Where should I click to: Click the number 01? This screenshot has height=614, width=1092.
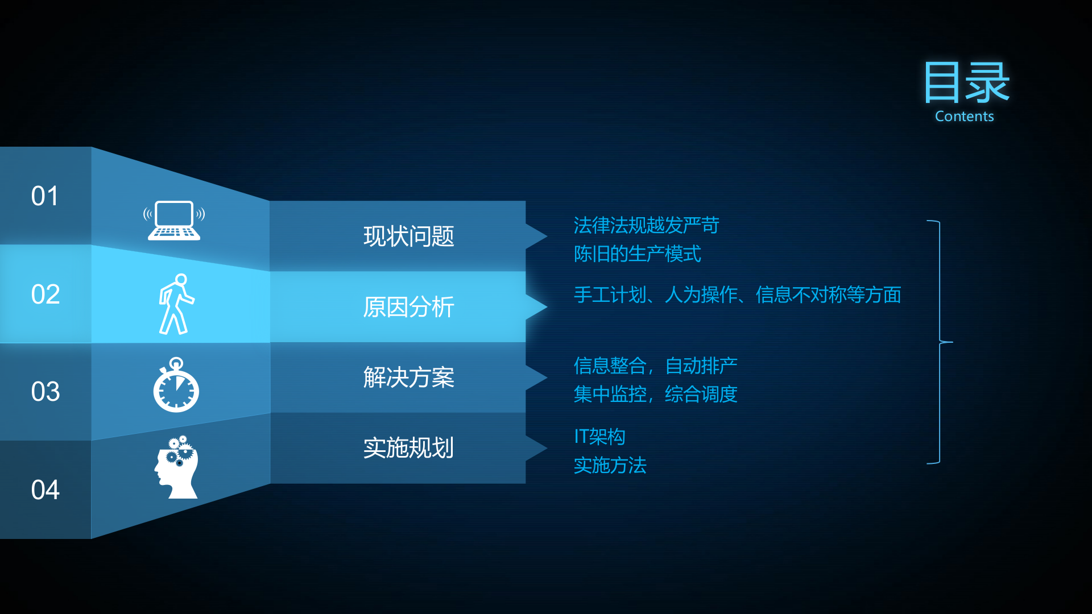45,196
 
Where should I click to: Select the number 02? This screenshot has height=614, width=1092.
45,294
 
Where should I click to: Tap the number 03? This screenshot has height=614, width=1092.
45,392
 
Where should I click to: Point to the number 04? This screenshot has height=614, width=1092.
45,489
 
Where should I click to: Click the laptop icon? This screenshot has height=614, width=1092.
174,221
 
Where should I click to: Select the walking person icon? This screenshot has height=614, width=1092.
176,304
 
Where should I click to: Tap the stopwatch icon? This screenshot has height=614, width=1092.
176,385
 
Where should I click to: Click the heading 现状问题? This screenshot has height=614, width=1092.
408,237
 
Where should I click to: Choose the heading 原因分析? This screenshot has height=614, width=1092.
408,307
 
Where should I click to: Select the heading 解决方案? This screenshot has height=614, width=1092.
408,377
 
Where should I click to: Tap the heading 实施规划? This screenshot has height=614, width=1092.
408,448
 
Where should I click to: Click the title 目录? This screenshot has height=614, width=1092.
966,83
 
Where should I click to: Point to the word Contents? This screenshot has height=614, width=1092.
964,117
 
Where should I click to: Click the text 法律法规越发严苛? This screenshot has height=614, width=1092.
646,226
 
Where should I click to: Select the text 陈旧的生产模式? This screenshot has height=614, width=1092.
637,254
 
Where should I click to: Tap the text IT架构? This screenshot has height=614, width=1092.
599,437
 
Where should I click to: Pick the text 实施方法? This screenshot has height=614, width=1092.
610,466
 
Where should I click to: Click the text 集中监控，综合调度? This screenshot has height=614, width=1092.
655,394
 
